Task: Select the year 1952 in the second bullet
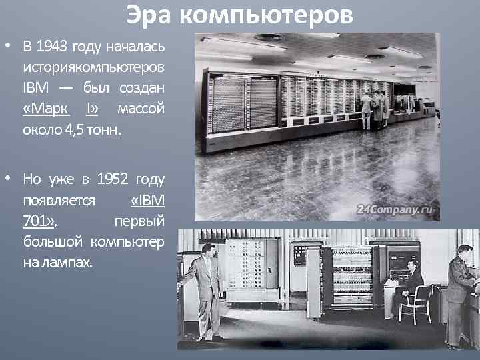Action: [112, 179]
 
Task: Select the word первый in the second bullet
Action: [139, 220]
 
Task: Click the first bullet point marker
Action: [7, 47]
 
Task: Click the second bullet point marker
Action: [7, 179]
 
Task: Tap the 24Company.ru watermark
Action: [395, 209]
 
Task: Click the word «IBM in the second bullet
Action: [147, 199]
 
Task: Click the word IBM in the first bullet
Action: [33, 88]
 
